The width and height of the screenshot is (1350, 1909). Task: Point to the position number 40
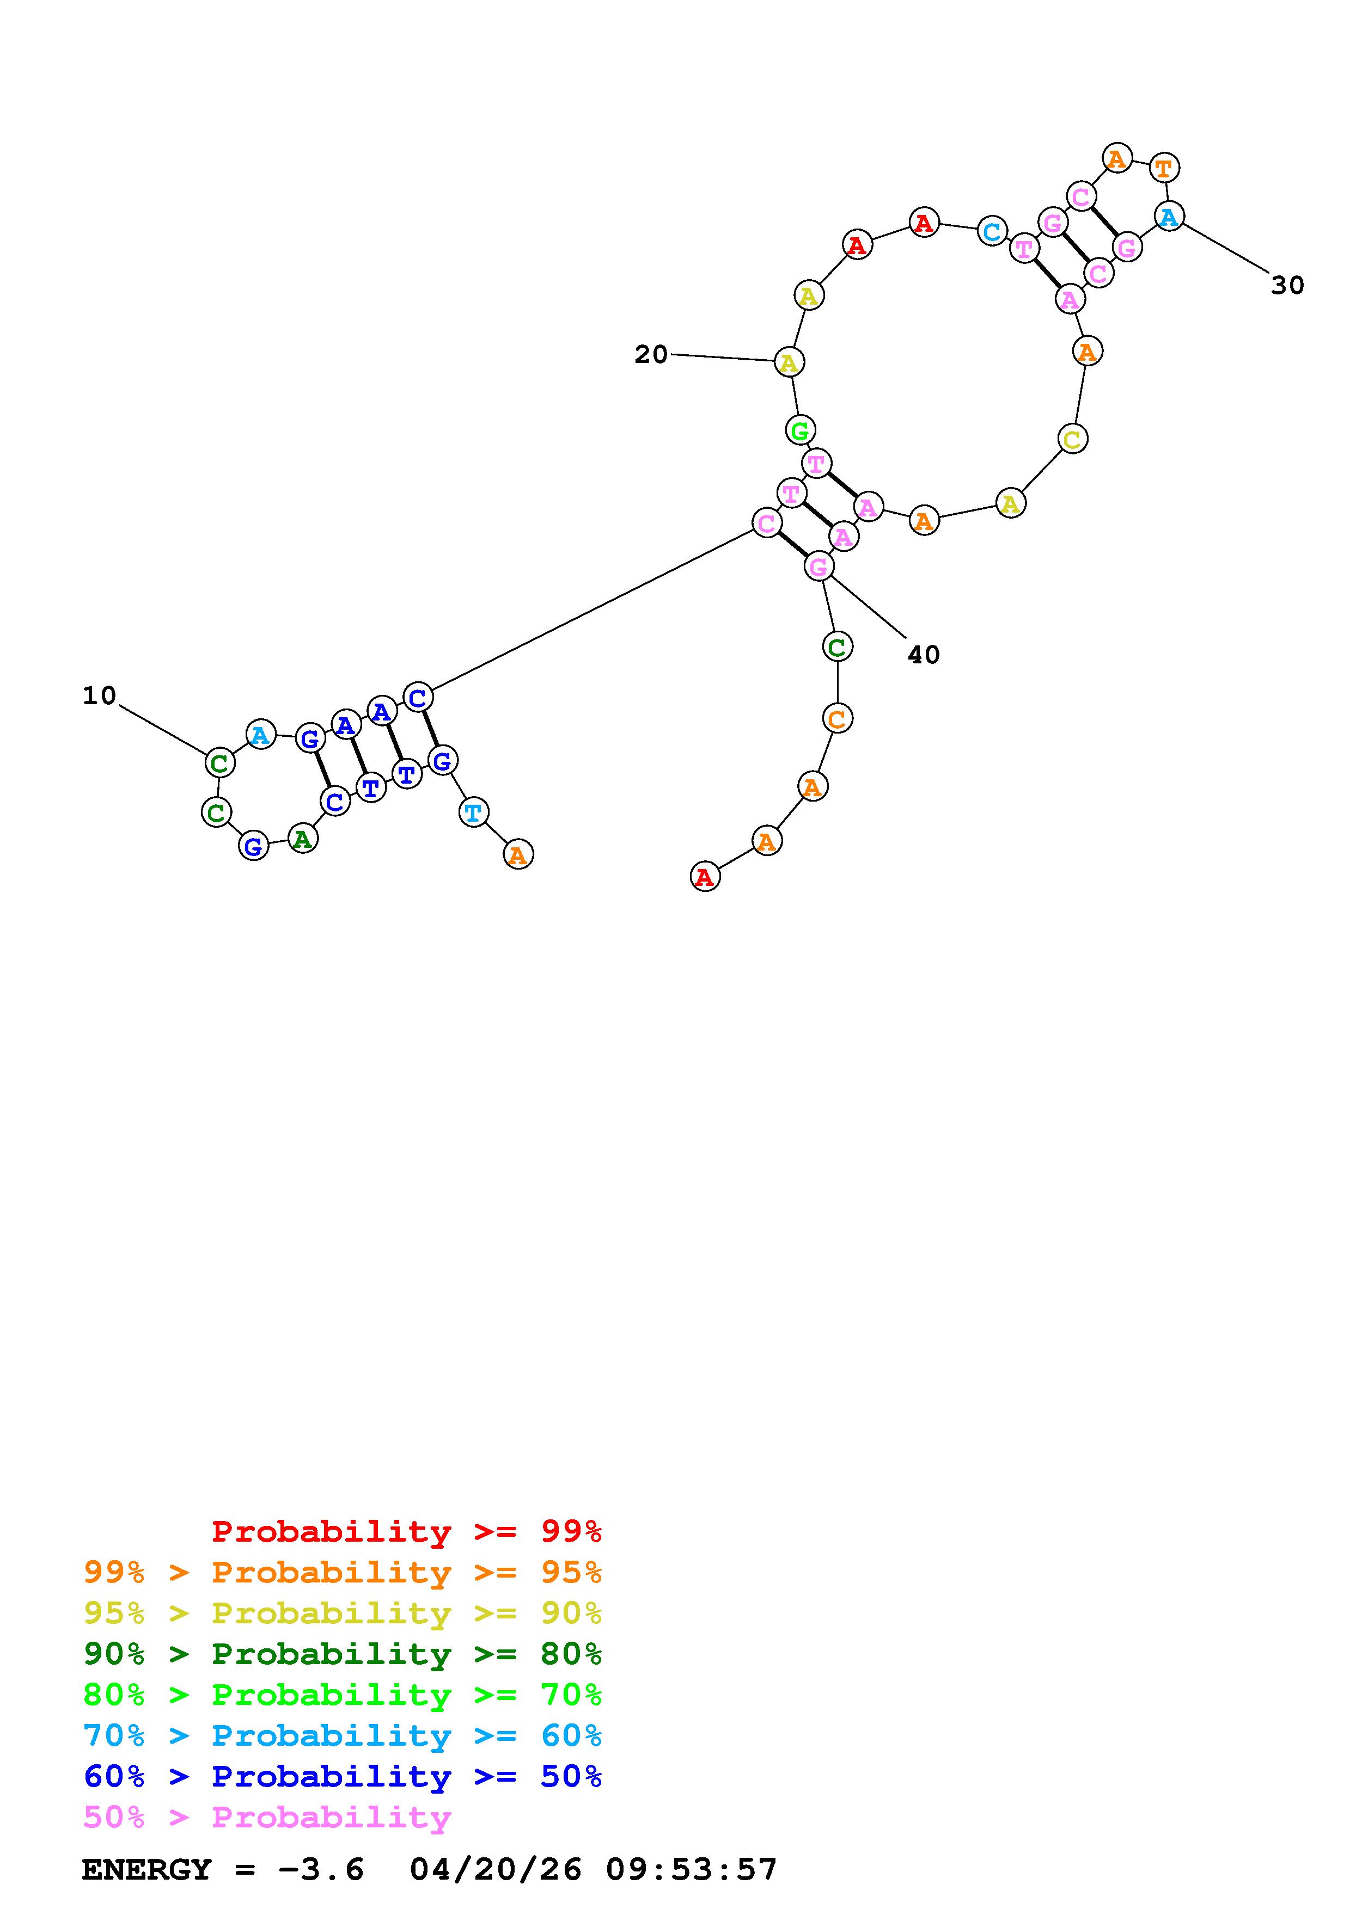click(923, 655)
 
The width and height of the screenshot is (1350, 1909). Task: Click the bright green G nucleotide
click(799, 430)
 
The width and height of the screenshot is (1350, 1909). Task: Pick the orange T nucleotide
click(1164, 168)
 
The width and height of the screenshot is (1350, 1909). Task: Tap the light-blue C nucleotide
click(992, 231)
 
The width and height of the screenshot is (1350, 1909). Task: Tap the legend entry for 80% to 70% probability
click(342, 1695)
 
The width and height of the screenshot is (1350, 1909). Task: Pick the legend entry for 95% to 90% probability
click(342, 1613)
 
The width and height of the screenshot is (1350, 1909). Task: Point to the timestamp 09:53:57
click(691, 1870)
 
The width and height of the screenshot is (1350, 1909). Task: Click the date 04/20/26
click(496, 1870)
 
